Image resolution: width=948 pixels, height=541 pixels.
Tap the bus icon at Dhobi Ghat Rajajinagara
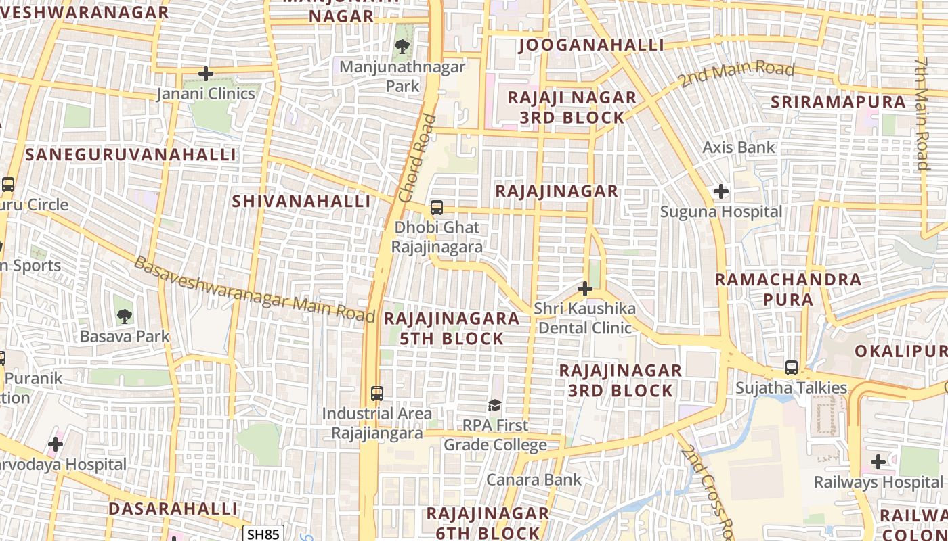coord(437,208)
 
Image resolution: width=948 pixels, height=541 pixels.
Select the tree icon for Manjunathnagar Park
coord(402,47)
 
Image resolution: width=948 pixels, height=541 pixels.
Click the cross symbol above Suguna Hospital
coord(721,192)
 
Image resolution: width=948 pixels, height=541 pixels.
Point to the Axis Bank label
coord(738,147)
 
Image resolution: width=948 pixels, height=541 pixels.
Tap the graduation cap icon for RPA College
coord(495,406)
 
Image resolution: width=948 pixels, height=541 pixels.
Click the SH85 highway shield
coord(263,534)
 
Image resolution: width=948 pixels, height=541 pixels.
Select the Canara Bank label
coord(534,480)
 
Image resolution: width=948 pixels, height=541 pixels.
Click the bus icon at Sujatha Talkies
coord(792,368)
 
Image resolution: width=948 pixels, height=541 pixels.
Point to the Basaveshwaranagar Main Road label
coord(254,290)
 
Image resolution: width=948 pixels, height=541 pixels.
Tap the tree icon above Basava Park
coord(124,316)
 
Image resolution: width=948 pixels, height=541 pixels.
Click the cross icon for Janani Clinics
coord(206,74)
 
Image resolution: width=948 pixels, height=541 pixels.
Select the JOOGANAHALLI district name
coord(591,45)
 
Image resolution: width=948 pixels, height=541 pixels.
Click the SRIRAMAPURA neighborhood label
coord(838,102)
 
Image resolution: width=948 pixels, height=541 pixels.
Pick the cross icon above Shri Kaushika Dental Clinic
coord(584,289)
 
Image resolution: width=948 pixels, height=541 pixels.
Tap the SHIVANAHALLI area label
coord(301,202)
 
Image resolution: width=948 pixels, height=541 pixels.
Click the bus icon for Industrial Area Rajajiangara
coord(377,393)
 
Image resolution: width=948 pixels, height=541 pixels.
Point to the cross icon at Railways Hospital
coord(878,463)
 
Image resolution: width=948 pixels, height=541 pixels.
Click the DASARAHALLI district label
coord(173,509)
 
